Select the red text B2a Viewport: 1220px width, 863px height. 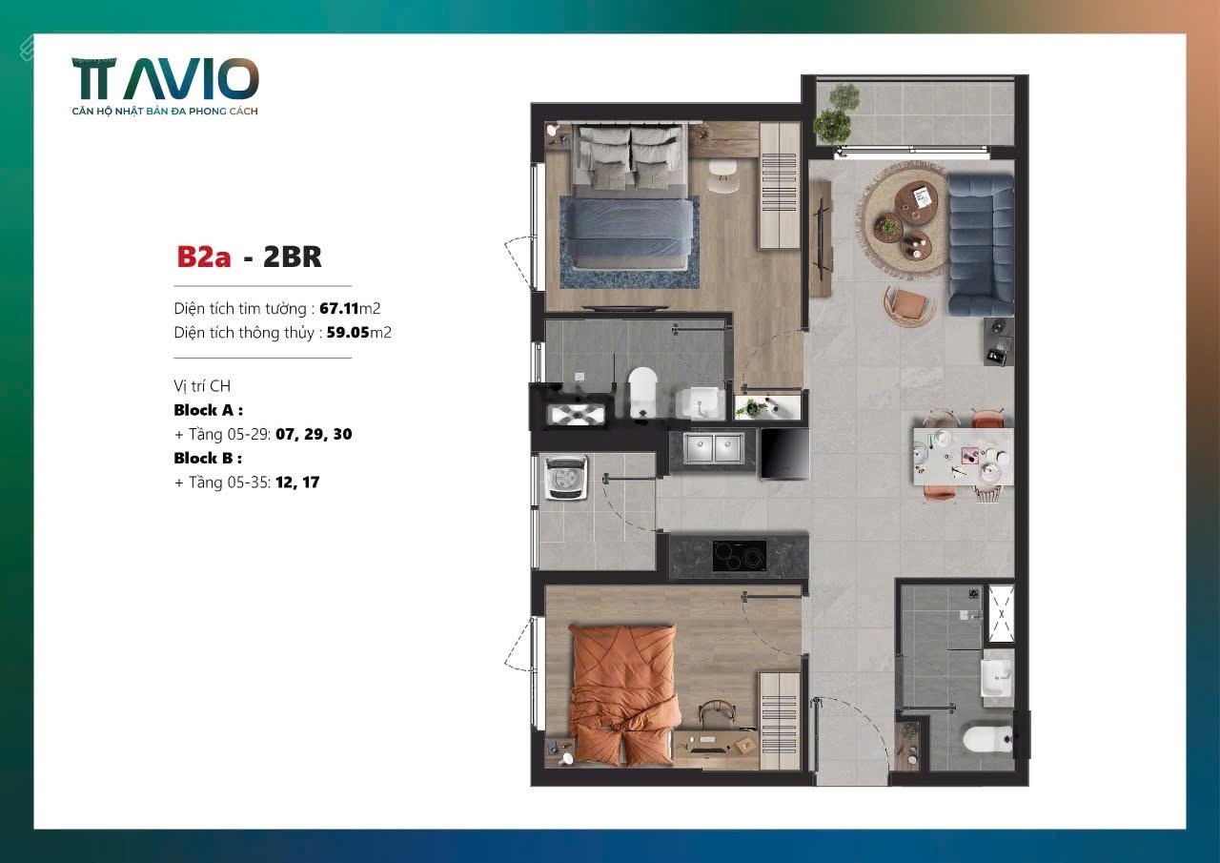(204, 257)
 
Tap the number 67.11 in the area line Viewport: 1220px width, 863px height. (338, 308)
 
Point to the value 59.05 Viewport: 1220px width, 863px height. (348, 333)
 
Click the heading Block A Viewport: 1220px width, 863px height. (208, 410)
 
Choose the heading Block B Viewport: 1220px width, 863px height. (208, 458)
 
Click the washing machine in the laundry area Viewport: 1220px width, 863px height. (567, 478)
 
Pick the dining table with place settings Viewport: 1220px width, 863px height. (964, 457)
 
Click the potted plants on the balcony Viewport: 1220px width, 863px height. (833, 114)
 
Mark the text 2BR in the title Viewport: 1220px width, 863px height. (293, 257)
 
